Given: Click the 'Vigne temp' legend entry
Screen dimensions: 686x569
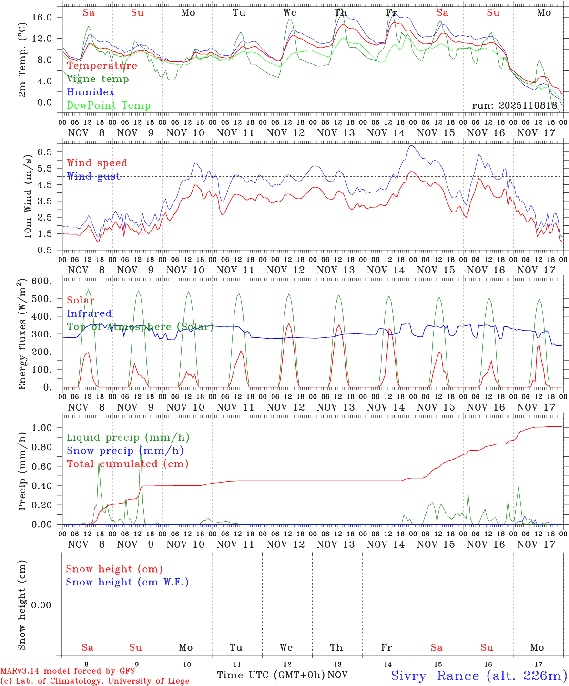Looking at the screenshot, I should coord(98,79).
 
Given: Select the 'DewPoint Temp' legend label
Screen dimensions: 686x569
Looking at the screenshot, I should coord(109,105).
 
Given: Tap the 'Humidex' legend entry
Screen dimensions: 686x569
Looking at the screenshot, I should coord(91,92).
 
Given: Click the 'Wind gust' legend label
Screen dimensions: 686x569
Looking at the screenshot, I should coord(93,176).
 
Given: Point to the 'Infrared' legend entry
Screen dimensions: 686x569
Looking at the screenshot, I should coord(89,313).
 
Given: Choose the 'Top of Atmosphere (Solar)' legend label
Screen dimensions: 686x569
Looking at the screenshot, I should coord(140,327).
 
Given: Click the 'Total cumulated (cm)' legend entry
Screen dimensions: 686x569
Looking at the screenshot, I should coord(127,464).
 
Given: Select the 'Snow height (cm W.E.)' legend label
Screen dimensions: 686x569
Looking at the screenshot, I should coord(127,582).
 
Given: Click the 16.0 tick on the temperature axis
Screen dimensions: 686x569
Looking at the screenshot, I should coord(48,17).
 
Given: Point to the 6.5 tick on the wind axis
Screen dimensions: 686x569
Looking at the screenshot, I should coord(50,152).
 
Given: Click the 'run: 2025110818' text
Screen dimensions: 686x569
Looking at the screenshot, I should coord(514,105).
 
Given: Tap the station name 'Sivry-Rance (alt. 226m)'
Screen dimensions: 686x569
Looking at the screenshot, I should coord(478,676).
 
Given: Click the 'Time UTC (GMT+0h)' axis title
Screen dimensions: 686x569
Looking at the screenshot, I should coord(271,675).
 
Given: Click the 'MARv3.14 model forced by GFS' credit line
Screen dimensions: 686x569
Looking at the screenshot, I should coord(68,671).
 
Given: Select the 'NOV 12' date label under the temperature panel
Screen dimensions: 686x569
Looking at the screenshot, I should coord(285,133).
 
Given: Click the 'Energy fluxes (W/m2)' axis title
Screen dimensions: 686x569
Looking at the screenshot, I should coord(22,335).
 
